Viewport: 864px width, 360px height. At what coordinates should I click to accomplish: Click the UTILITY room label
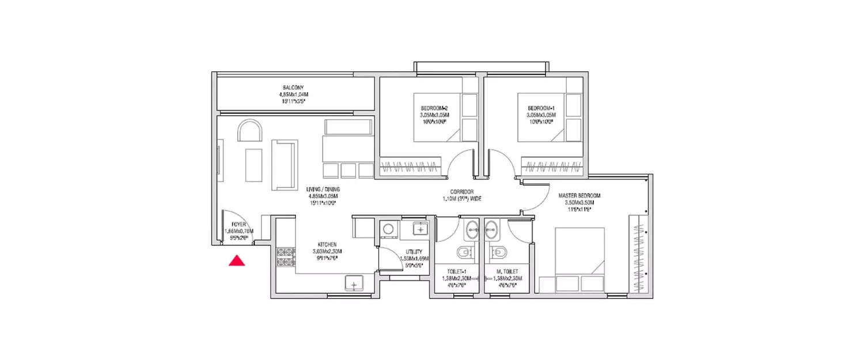pyautogui.click(x=414, y=252)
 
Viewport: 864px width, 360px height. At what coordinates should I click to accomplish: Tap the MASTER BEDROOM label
pyautogui.click(x=579, y=196)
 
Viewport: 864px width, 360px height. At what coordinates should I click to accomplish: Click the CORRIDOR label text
pyautogui.click(x=462, y=191)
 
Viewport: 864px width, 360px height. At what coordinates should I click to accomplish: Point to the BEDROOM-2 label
pyautogui.click(x=435, y=108)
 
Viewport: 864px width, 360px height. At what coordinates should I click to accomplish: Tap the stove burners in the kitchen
pyautogui.click(x=285, y=256)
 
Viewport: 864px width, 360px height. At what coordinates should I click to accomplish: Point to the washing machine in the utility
pyautogui.click(x=388, y=229)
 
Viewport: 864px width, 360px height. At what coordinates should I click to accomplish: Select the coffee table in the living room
pyautogui.click(x=253, y=165)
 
